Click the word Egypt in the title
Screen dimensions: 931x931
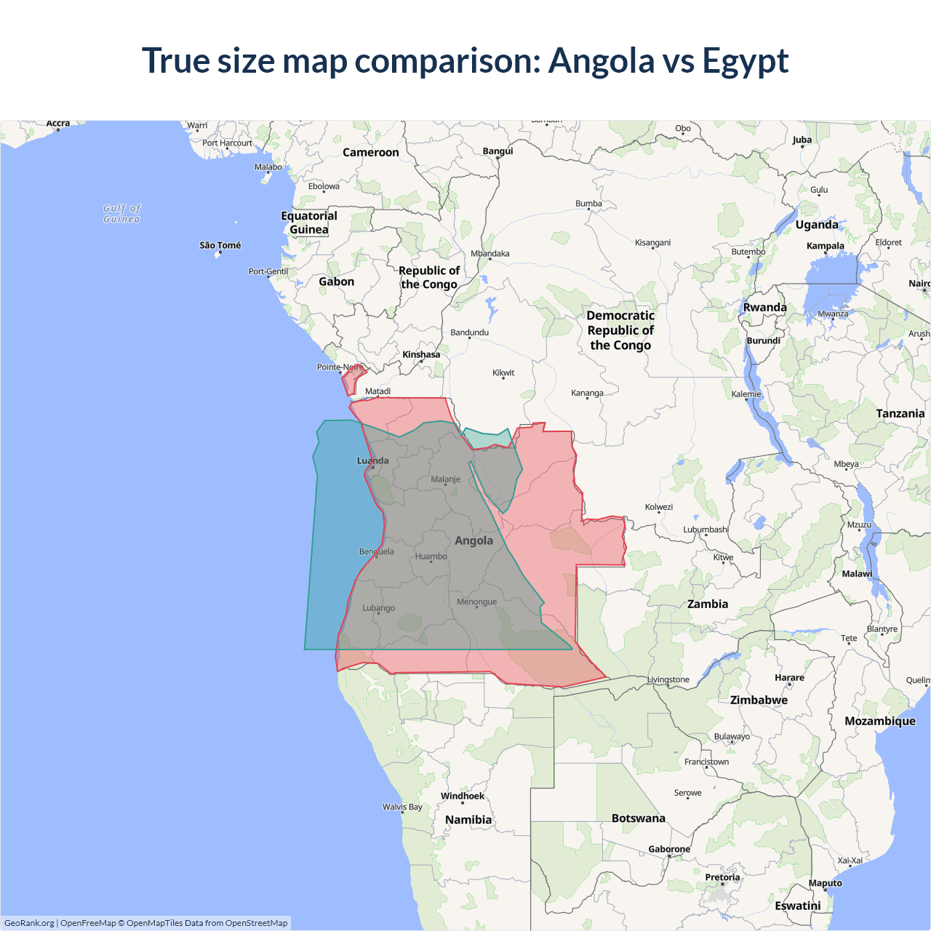click(x=746, y=61)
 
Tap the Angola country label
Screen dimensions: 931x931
click(x=474, y=540)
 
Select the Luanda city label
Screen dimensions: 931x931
click(x=372, y=460)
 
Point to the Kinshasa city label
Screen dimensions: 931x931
click(x=421, y=354)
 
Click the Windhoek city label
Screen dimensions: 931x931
click(x=462, y=796)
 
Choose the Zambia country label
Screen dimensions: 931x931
click(x=707, y=604)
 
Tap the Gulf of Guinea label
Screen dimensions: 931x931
click(x=121, y=213)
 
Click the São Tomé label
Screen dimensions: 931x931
click(x=220, y=245)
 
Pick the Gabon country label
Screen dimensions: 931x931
click(x=336, y=281)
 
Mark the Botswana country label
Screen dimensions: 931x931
click(x=638, y=818)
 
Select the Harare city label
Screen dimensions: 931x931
click(x=789, y=677)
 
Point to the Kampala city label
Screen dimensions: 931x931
click(x=825, y=246)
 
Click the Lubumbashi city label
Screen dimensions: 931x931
click(x=706, y=530)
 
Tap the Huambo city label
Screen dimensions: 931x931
click(x=431, y=556)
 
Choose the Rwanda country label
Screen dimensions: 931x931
click(x=764, y=307)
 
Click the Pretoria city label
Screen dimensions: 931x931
click(x=722, y=877)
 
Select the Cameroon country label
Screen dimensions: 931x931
click(x=370, y=152)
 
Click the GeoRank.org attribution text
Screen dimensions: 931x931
click(x=29, y=923)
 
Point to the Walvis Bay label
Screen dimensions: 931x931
click(x=402, y=807)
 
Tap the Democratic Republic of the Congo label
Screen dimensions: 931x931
click(x=620, y=330)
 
